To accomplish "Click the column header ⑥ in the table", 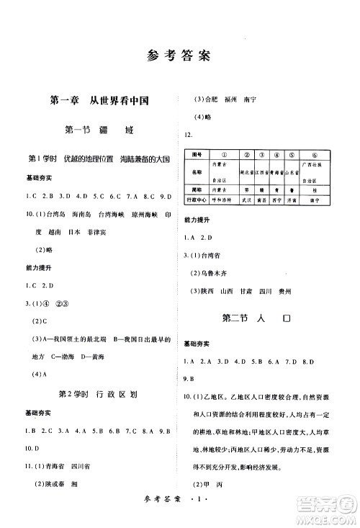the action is click(315, 154).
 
